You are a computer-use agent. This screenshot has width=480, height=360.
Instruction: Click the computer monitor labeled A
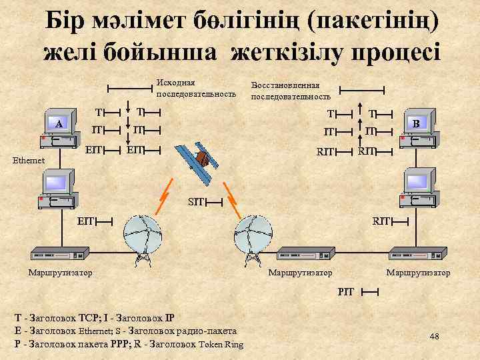(x=59, y=123)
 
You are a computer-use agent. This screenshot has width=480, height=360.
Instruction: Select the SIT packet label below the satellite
(x=195, y=201)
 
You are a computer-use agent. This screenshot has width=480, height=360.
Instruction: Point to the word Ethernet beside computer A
(x=28, y=160)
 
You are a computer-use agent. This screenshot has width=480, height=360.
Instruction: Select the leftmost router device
(x=61, y=255)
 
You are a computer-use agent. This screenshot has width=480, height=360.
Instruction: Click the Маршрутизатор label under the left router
(x=60, y=272)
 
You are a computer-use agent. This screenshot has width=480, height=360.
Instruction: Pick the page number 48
(x=434, y=336)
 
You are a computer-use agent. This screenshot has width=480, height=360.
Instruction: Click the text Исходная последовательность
(x=195, y=88)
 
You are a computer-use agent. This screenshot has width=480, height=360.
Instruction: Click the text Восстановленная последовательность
(x=290, y=91)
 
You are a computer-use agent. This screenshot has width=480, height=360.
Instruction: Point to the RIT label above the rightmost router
(x=381, y=218)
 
